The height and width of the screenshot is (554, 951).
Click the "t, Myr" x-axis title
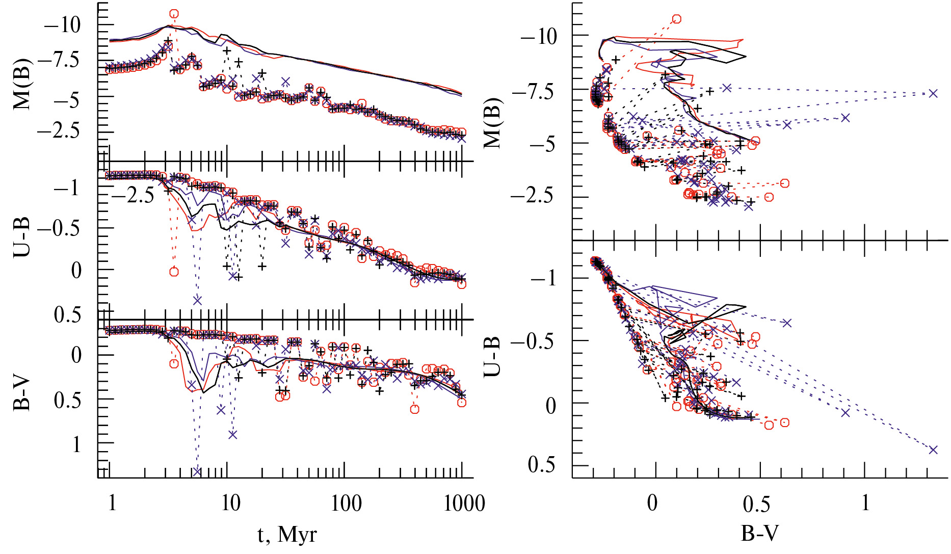[x=287, y=535]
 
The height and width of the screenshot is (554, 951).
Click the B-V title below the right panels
[x=759, y=533]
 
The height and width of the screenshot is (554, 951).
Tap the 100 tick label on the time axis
[x=346, y=503]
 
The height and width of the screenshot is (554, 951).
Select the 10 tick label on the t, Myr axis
[x=230, y=503]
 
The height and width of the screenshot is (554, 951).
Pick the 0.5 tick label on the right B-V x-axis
[x=756, y=504]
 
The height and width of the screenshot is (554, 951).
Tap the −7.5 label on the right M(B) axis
[x=534, y=92]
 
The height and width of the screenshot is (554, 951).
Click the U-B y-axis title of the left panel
[x=21, y=236]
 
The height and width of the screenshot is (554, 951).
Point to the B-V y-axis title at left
[x=21, y=394]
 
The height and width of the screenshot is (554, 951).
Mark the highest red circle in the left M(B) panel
[x=174, y=14]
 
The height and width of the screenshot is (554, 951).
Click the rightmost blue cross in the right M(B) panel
[x=933, y=93]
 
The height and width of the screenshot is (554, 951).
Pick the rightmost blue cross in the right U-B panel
[x=933, y=450]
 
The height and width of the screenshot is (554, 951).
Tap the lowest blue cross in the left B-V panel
[x=197, y=471]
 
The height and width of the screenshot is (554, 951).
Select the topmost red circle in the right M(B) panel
[x=676, y=19]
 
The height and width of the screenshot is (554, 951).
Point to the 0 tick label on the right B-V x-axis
[x=652, y=503]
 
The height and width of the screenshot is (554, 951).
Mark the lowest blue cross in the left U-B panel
[x=197, y=300]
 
